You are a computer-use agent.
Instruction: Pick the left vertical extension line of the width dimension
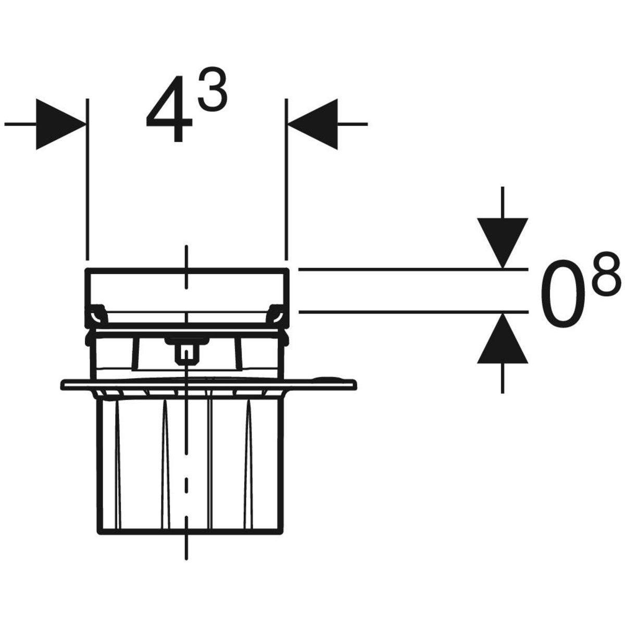87,177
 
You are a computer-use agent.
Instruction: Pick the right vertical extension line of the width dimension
286,177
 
